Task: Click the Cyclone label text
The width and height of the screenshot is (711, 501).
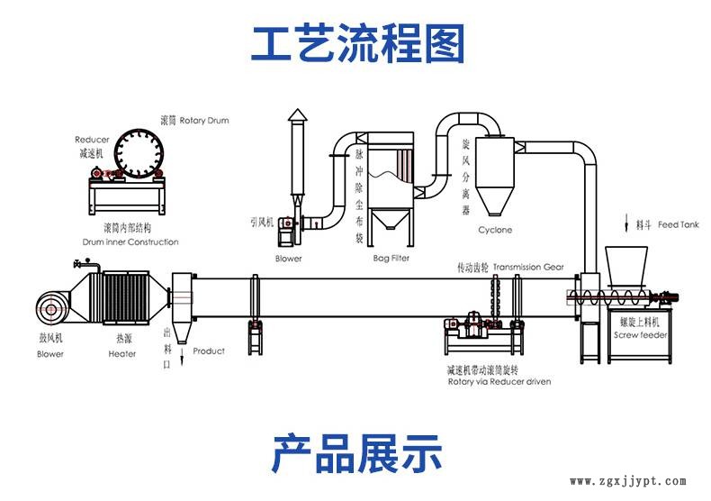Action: tap(495, 230)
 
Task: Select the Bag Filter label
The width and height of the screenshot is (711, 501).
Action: tap(391, 259)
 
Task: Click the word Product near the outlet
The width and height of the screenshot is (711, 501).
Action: tap(209, 351)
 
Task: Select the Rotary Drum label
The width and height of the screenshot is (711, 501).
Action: tap(207, 120)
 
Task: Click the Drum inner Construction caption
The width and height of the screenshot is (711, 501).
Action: tap(130, 241)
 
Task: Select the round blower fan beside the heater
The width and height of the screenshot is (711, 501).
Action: tap(49, 306)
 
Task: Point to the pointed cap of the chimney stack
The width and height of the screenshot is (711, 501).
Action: tap(297, 114)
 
